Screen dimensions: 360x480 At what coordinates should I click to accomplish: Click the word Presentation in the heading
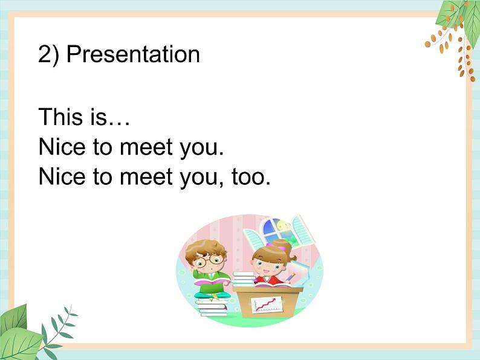[x=133, y=54]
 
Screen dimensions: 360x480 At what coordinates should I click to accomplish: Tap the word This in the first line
[x=59, y=117]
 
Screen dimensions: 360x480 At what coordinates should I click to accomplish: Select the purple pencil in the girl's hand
[x=291, y=277]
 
